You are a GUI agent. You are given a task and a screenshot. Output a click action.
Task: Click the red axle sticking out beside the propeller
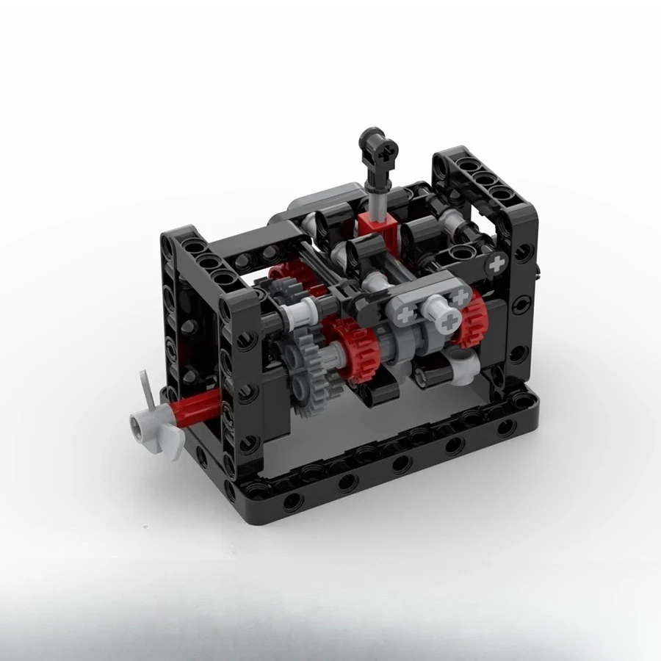pos(198,405)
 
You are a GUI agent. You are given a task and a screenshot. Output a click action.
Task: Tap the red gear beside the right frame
pos(468,315)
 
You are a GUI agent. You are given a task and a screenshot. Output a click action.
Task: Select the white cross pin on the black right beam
pos(499,261)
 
